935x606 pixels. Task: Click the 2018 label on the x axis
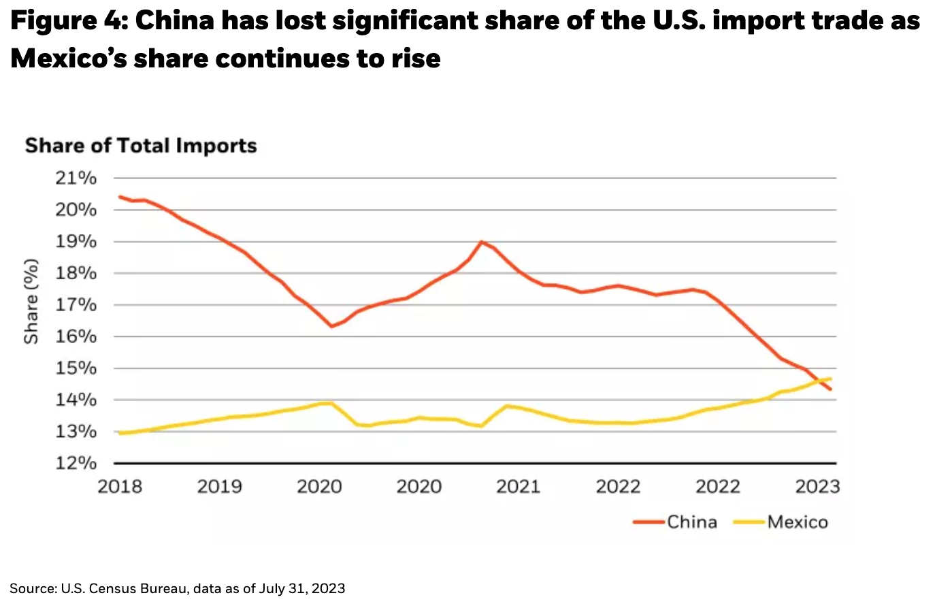click(x=120, y=487)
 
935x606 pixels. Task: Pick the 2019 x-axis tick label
click(x=219, y=487)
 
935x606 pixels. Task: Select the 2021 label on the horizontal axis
click(x=518, y=487)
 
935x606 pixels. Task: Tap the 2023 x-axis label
click(x=817, y=487)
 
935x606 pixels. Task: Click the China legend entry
click(x=691, y=522)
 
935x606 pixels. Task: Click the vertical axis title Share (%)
click(x=31, y=301)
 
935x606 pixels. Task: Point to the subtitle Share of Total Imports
click(x=141, y=146)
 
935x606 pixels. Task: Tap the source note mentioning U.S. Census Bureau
click(x=177, y=588)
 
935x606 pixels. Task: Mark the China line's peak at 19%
click(x=481, y=242)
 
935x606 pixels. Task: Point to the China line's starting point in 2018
click(x=120, y=197)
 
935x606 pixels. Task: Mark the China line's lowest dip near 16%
click(x=331, y=327)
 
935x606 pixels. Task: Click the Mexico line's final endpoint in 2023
click(x=830, y=379)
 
